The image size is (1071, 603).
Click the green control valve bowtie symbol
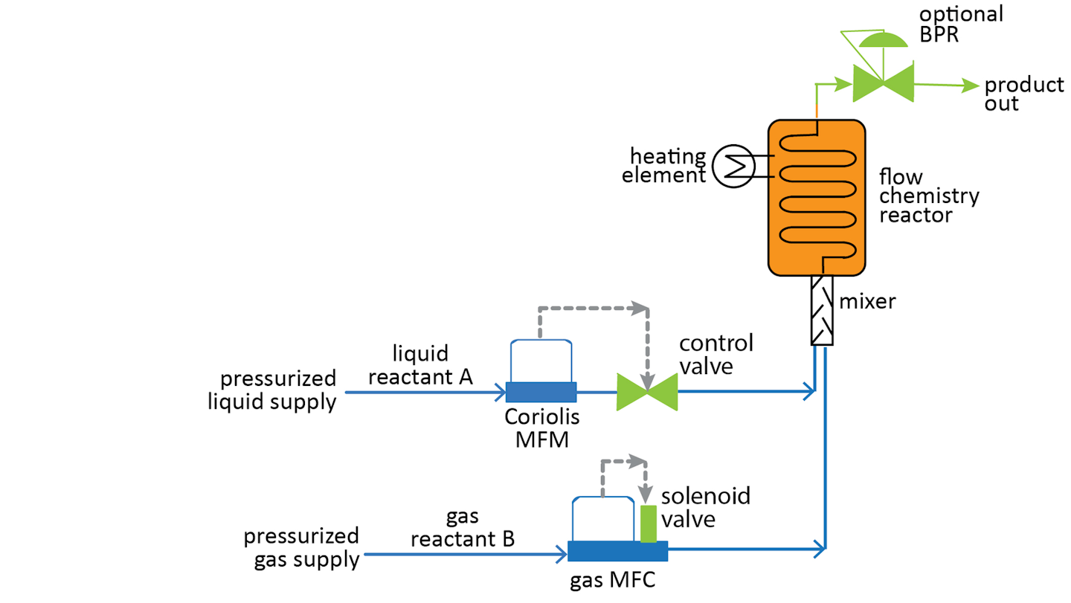pyautogui.click(x=647, y=392)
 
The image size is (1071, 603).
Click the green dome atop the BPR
pyautogui.click(x=883, y=39)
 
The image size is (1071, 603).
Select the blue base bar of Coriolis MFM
pyautogui.click(x=541, y=391)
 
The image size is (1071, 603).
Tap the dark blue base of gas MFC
pyautogui.click(x=617, y=551)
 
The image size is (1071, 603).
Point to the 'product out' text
pyautogui.click(x=1023, y=94)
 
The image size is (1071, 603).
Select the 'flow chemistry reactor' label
pyautogui.click(x=929, y=196)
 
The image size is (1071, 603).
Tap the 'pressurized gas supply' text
pyautogui.click(x=301, y=547)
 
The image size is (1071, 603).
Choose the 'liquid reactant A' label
pyautogui.click(x=421, y=365)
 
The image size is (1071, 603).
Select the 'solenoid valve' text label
pyautogui.click(x=705, y=507)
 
